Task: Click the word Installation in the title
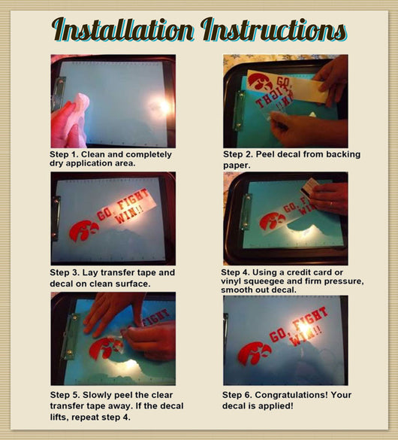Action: point(122,29)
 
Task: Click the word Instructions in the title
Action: point(273,29)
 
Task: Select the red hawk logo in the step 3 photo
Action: point(83,230)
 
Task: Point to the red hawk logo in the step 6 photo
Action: point(255,354)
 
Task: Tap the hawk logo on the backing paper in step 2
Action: point(260,80)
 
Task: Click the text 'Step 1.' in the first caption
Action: point(62,154)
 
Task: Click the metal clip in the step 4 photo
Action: point(246,211)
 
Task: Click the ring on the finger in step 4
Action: point(332,203)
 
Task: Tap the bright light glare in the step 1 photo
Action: point(162,106)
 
